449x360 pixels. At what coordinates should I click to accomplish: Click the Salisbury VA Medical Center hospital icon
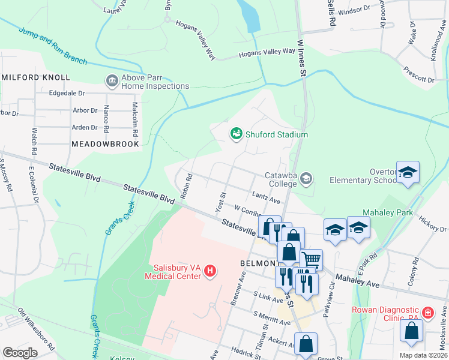tap(210, 271)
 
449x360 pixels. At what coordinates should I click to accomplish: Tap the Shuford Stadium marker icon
tap(237, 134)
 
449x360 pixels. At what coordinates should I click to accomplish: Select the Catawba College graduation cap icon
tap(307, 178)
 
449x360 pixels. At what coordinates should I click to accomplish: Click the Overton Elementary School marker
tap(408, 173)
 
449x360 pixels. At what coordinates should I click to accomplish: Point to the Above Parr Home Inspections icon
tap(112, 81)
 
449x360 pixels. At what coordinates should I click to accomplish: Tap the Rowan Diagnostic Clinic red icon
tap(427, 313)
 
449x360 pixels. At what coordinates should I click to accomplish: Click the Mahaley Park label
tap(387, 213)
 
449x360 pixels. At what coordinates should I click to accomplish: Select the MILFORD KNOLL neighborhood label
tap(36, 77)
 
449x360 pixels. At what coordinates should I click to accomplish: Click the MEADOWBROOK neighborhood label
tap(105, 144)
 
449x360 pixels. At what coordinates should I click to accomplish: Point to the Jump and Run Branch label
tap(53, 46)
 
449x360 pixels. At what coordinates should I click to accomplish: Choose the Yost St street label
tap(220, 202)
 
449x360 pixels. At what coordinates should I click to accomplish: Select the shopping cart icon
tap(312, 259)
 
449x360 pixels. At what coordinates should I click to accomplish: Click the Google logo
tap(20, 352)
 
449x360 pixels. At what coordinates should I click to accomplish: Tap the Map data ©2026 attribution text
tap(423, 355)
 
